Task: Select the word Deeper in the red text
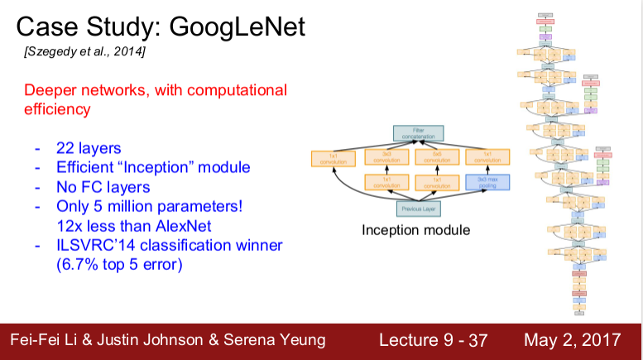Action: pyautogui.click(x=51, y=90)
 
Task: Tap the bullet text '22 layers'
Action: pyautogui.click(x=89, y=149)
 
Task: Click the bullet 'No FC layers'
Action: pyautogui.click(x=103, y=187)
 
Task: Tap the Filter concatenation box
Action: pyautogui.click(x=418, y=132)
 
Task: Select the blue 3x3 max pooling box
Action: pyautogui.click(x=487, y=182)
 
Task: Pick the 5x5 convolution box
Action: pyautogui.click(x=435, y=156)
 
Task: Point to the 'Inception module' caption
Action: pyautogui.click(x=415, y=229)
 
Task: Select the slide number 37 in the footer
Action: pyautogui.click(x=478, y=341)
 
